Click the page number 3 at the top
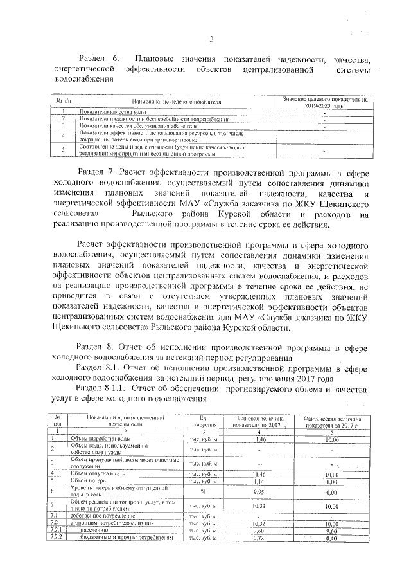tap(211, 39)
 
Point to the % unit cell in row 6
tap(203, 492)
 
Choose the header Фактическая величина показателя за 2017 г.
tap(331, 421)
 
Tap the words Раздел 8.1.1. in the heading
tap(107, 390)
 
